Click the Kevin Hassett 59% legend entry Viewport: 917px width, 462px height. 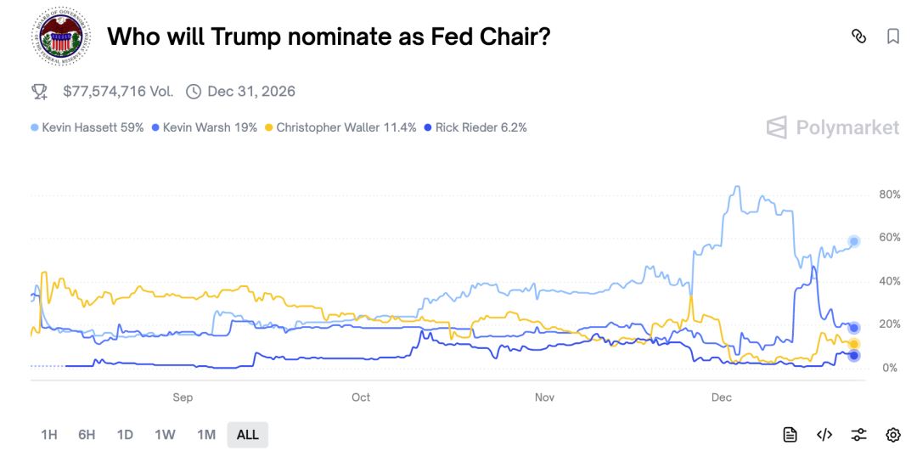(x=87, y=127)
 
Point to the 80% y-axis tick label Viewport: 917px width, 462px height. (x=889, y=194)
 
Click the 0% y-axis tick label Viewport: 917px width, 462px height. (x=889, y=368)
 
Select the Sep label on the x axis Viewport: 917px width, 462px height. (x=183, y=397)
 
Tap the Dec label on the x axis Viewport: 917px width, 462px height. (x=721, y=397)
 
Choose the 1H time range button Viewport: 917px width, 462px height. (x=49, y=435)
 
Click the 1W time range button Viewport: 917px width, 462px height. (x=165, y=435)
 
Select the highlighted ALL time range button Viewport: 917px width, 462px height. (x=247, y=435)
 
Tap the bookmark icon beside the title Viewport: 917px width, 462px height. (x=893, y=37)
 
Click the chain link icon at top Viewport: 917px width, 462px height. (x=858, y=37)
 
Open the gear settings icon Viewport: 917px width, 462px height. (x=893, y=435)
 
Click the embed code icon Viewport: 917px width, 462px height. (x=824, y=435)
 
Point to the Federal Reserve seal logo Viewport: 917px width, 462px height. (x=59, y=37)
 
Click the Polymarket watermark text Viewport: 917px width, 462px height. (x=847, y=127)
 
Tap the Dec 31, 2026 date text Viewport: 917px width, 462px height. (x=250, y=91)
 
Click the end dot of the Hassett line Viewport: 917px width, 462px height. (x=854, y=241)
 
